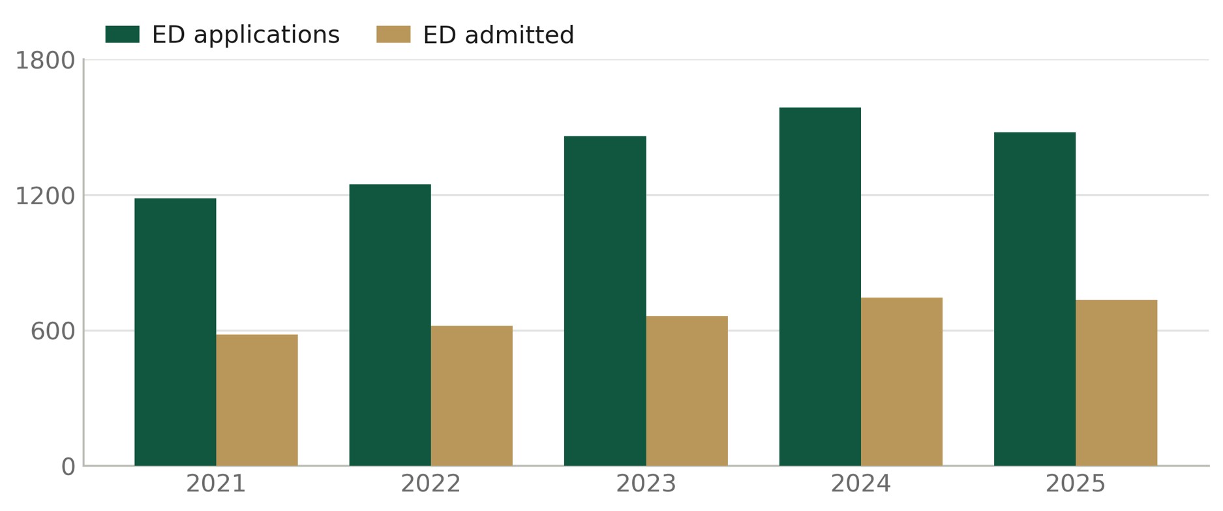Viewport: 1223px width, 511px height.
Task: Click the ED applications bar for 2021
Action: tap(175, 332)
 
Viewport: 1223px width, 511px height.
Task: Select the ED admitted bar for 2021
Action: tap(257, 400)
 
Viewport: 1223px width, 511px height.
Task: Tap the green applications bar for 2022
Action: tap(390, 325)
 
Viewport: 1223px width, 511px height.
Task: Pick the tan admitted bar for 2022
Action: tap(472, 395)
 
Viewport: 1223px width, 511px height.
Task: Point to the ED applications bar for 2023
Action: tap(605, 301)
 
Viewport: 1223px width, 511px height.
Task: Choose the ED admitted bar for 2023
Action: tap(687, 391)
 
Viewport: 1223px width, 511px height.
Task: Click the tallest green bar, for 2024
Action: tap(820, 286)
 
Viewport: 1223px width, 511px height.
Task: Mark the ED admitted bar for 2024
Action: tap(901, 382)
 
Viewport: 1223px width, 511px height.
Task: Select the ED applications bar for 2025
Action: tap(1034, 299)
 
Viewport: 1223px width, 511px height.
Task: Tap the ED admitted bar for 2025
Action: tap(1116, 383)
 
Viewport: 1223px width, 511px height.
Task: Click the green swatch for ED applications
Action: tap(123, 35)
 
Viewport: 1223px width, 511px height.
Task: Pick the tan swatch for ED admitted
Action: tap(393, 35)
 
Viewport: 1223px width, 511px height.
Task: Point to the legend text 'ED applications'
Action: tap(246, 35)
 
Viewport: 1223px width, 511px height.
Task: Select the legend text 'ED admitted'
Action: tap(498, 35)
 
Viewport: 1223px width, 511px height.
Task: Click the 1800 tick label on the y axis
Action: tap(45, 61)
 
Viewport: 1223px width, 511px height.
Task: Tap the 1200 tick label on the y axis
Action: tap(45, 196)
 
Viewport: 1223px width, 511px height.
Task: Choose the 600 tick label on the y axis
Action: tap(53, 332)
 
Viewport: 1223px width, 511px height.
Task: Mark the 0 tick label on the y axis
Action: tap(68, 467)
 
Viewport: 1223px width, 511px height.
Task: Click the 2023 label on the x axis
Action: tap(646, 484)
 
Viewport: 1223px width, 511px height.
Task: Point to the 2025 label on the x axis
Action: tap(1076, 484)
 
